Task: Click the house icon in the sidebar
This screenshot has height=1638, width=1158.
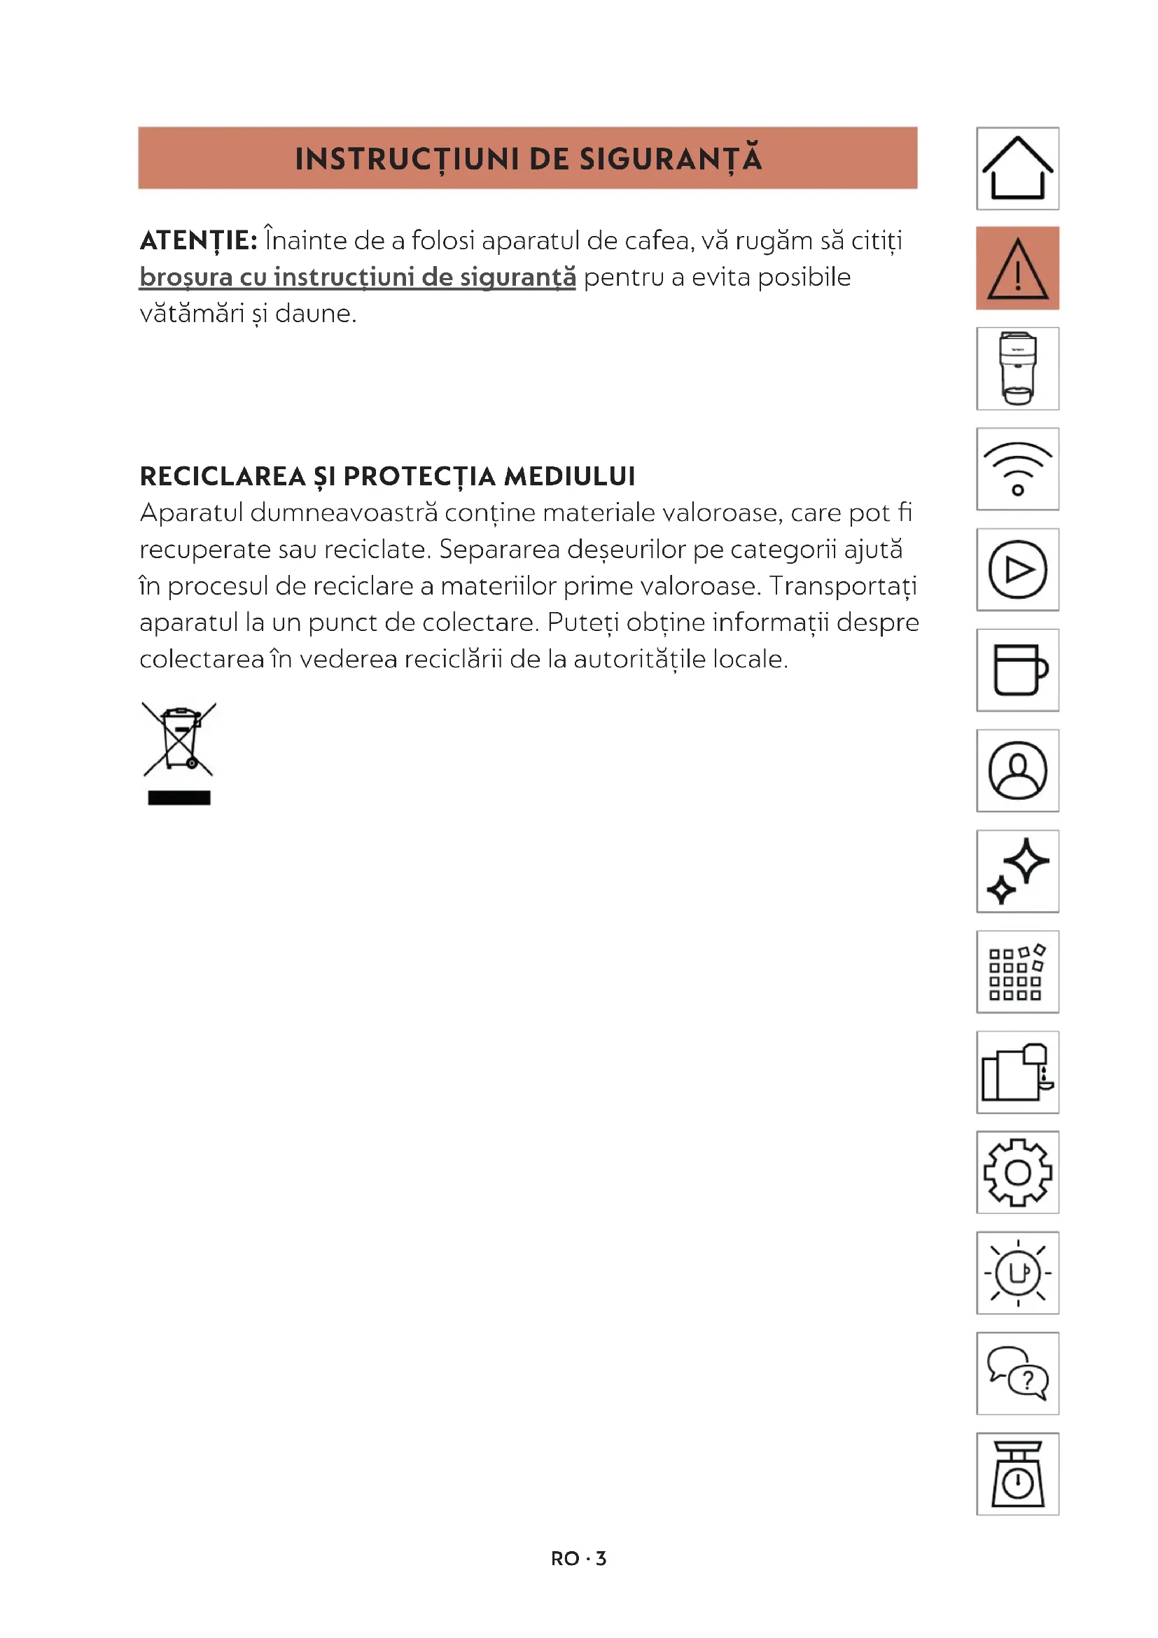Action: coord(1017,168)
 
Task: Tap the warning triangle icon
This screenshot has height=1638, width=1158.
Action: coord(1017,268)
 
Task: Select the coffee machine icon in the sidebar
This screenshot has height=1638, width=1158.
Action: coord(1017,369)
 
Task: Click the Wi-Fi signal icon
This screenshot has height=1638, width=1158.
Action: coord(1017,469)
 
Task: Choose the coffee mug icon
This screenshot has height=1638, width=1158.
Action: coord(1017,670)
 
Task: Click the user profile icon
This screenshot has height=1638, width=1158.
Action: coord(1017,770)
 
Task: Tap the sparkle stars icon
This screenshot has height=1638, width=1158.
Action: coord(1017,871)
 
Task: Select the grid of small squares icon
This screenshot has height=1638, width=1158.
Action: coord(1017,972)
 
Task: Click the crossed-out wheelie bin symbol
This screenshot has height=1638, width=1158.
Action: coord(179,740)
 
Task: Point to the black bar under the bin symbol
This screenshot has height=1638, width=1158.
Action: coord(179,798)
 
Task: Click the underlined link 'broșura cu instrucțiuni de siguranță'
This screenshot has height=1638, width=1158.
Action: coord(357,277)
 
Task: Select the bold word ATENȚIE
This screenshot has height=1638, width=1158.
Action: coord(198,241)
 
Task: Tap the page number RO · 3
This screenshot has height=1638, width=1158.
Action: coord(578,1559)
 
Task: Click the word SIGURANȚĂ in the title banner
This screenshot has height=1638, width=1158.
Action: coord(670,158)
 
